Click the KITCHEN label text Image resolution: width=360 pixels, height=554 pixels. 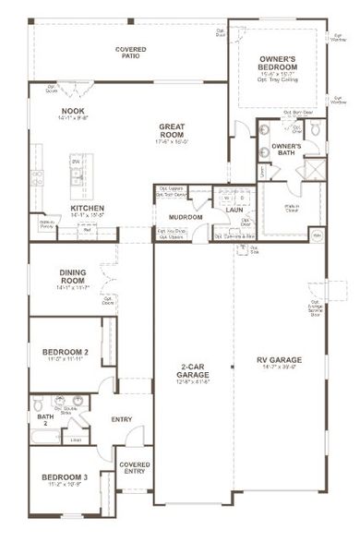[x=88, y=209]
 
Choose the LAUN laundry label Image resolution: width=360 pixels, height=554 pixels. [x=233, y=210]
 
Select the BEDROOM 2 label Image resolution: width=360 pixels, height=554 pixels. [x=66, y=352]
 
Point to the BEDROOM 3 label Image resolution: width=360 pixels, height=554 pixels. [x=66, y=476]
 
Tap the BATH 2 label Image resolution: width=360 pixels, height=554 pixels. [x=45, y=419]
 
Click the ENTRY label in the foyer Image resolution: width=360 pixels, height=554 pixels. [x=121, y=419]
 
